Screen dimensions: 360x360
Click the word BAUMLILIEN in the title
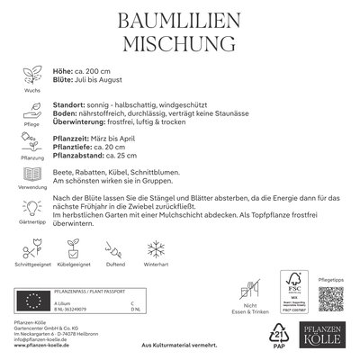click(180, 20)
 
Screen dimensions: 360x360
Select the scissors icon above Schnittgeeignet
click(31, 248)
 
